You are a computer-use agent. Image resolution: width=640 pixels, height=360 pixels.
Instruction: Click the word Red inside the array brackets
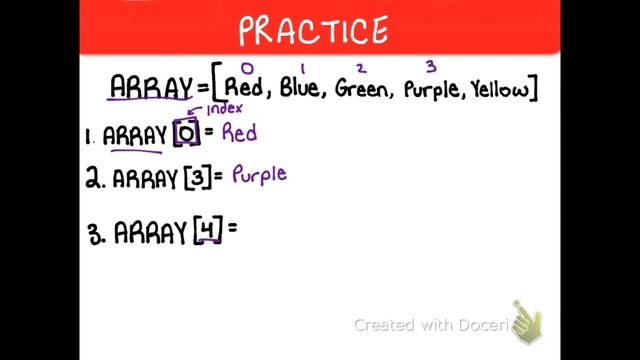click(245, 90)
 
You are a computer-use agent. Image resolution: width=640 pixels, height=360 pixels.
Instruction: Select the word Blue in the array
click(299, 90)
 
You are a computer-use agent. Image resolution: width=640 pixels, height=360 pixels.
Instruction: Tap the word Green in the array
click(362, 90)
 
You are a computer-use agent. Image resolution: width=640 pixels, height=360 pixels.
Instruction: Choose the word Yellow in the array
click(498, 90)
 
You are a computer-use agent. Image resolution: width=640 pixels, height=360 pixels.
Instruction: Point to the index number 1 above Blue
click(302, 68)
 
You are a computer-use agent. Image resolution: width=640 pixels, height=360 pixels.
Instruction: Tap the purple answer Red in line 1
click(240, 132)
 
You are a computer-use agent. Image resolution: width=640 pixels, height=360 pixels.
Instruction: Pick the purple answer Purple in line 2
click(259, 175)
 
